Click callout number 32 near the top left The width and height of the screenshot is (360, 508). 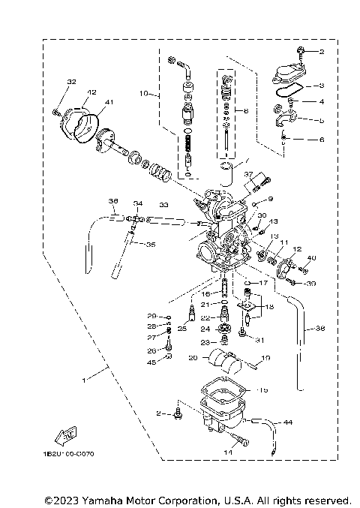pos(71,82)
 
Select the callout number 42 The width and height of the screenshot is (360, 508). pos(91,92)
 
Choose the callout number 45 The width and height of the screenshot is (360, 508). pos(152,363)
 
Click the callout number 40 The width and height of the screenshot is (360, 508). pos(313,258)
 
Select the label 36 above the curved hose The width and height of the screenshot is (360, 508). pos(113,201)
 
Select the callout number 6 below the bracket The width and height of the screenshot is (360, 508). pos(322,140)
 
